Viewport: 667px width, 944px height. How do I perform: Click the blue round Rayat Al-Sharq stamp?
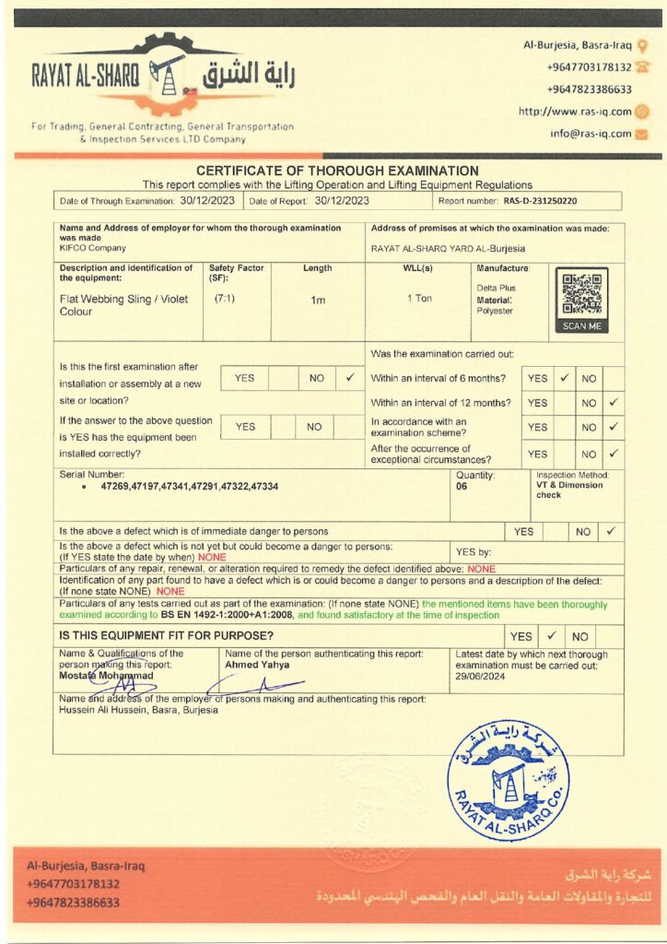point(508,780)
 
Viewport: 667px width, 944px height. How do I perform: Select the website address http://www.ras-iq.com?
point(575,112)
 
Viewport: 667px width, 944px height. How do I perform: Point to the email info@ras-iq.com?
point(591,133)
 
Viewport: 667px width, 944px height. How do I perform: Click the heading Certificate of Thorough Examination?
point(337,171)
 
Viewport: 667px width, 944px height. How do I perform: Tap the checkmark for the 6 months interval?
point(564,378)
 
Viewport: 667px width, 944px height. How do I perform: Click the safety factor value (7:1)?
point(224,299)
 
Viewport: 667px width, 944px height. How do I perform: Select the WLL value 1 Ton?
point(419,299)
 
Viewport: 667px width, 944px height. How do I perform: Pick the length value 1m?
point(317,300)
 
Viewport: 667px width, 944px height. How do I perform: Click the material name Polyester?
point(494,311)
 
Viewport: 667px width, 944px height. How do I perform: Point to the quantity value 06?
point(462,486)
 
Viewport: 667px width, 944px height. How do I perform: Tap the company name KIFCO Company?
point(93,248)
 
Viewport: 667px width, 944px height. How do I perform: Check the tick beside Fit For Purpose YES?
point(551,636)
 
